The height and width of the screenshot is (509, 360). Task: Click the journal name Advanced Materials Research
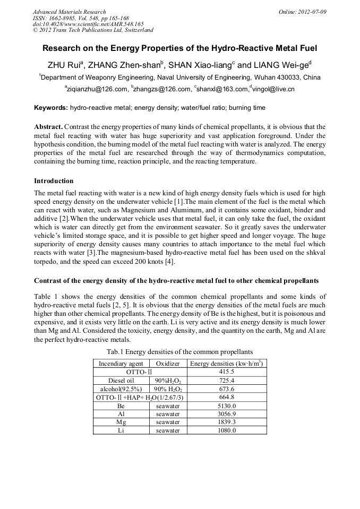coord(69,12)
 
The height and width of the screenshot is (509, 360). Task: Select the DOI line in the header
coord(88,24)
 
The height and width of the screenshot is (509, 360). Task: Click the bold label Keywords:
coord(50,108)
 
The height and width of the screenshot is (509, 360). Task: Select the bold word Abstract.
coord(48,127)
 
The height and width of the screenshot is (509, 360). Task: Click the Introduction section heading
coord(54,181)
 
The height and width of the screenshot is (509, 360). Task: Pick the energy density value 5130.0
coord(227,406)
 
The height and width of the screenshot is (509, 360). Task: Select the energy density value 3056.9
coord(227,414)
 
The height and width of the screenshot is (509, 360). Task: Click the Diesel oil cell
coord(121,381)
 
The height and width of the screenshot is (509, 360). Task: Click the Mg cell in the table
coord(121,422)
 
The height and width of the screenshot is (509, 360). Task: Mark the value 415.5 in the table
coord(227,372)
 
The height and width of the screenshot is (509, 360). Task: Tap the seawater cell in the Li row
coord(168,430)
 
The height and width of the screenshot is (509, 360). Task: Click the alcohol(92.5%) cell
coord(121,389)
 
